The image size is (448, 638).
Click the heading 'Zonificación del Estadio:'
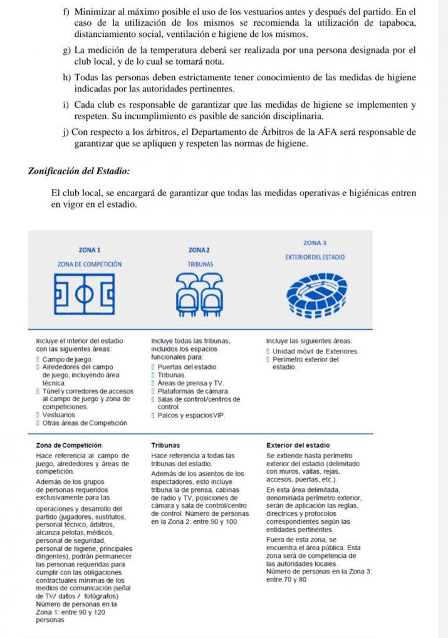79,170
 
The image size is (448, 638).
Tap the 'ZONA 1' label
90,250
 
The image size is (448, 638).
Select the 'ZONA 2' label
199,250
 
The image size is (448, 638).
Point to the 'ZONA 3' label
315,243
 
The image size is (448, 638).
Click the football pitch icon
85,294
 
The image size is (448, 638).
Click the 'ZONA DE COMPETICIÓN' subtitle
90,264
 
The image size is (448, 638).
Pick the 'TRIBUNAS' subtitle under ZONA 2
201,264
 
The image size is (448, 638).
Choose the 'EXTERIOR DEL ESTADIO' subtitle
315,257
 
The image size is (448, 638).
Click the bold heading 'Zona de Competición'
69,445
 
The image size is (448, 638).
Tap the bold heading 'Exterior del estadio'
298,445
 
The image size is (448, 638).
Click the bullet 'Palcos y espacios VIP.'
191,416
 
